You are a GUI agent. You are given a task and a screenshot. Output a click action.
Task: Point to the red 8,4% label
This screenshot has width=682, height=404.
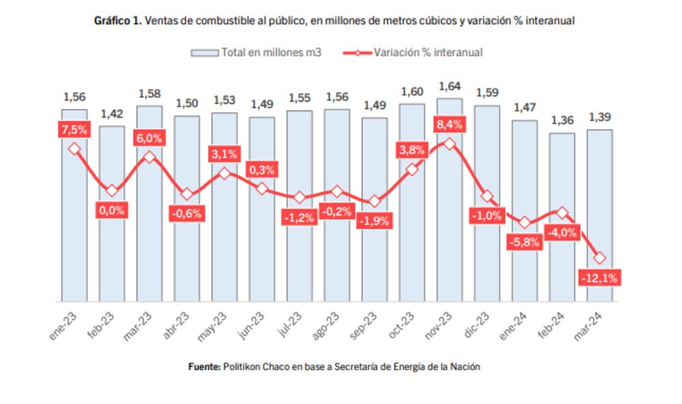coord(449,124)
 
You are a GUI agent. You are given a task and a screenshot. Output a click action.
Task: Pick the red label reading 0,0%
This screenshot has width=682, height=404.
coord(112,210)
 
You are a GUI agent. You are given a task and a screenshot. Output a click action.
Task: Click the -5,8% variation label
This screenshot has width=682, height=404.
coord(524,242)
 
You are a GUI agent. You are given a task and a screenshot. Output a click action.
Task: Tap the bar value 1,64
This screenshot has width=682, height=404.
coord(449,87)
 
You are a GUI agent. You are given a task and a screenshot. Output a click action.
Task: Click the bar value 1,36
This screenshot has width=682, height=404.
coord(562,121)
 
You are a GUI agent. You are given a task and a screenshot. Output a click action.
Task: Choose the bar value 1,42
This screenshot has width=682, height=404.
coord(112,114)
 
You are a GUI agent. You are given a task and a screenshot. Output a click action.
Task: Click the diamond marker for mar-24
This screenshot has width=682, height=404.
coord(599,258)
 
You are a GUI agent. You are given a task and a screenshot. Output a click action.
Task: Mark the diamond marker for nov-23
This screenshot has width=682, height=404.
coord(449,144)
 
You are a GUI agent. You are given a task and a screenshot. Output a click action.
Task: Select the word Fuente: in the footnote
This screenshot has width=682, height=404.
coord(204,366)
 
